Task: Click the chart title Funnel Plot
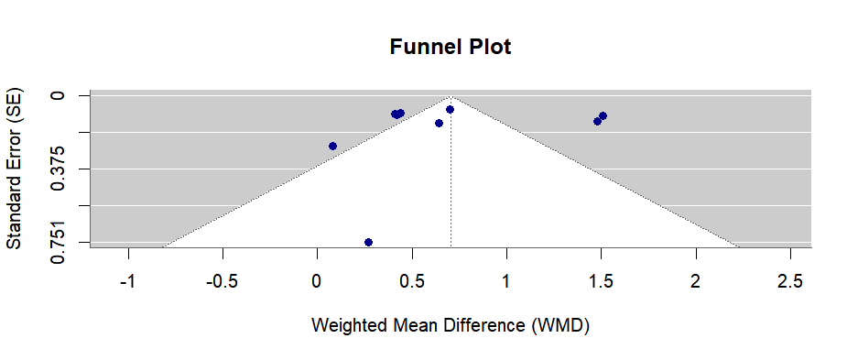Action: click(x=450, y=47)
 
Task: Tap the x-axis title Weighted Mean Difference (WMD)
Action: click(x=450, y=325)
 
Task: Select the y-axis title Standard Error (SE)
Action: click(x=15, y=169)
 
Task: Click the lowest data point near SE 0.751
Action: click(x=368, y=242)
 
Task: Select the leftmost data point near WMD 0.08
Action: click(x=332, y=146)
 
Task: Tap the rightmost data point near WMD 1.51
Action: click(x=603, y=115)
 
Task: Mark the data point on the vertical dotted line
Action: click(x=450, y=109)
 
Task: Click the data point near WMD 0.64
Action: click(x=439, y=123)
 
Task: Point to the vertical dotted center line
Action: click(x=451, y=183)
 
